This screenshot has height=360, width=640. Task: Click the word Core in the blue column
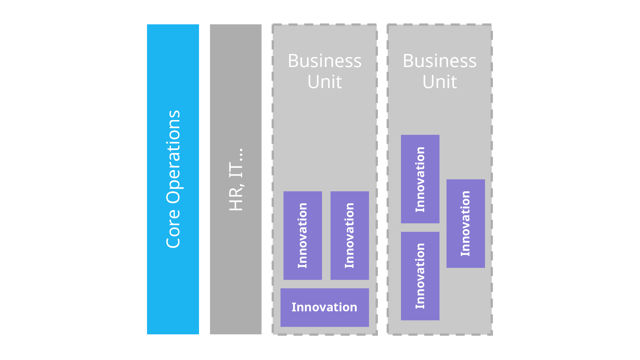[173, 228]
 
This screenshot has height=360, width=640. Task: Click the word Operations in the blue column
[173, 157]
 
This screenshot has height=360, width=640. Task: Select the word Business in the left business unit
[324, 61]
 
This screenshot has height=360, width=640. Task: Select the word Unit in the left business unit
[324, 82]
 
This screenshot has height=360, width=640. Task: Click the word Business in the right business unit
[439, 61]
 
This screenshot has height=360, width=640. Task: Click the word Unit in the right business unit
[439, 82]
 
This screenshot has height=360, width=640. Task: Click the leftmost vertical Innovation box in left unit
[303, 235]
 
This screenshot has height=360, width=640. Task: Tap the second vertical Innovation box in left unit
[349, 235]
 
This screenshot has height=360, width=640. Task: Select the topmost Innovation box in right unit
[420, 179]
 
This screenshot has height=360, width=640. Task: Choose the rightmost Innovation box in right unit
[465, 223]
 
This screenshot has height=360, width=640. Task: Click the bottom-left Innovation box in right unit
[420, 276]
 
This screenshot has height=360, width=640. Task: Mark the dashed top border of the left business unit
[324, 24]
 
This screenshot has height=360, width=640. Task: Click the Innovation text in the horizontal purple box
[324, 307]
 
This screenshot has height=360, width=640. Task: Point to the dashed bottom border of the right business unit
[439, 334]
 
